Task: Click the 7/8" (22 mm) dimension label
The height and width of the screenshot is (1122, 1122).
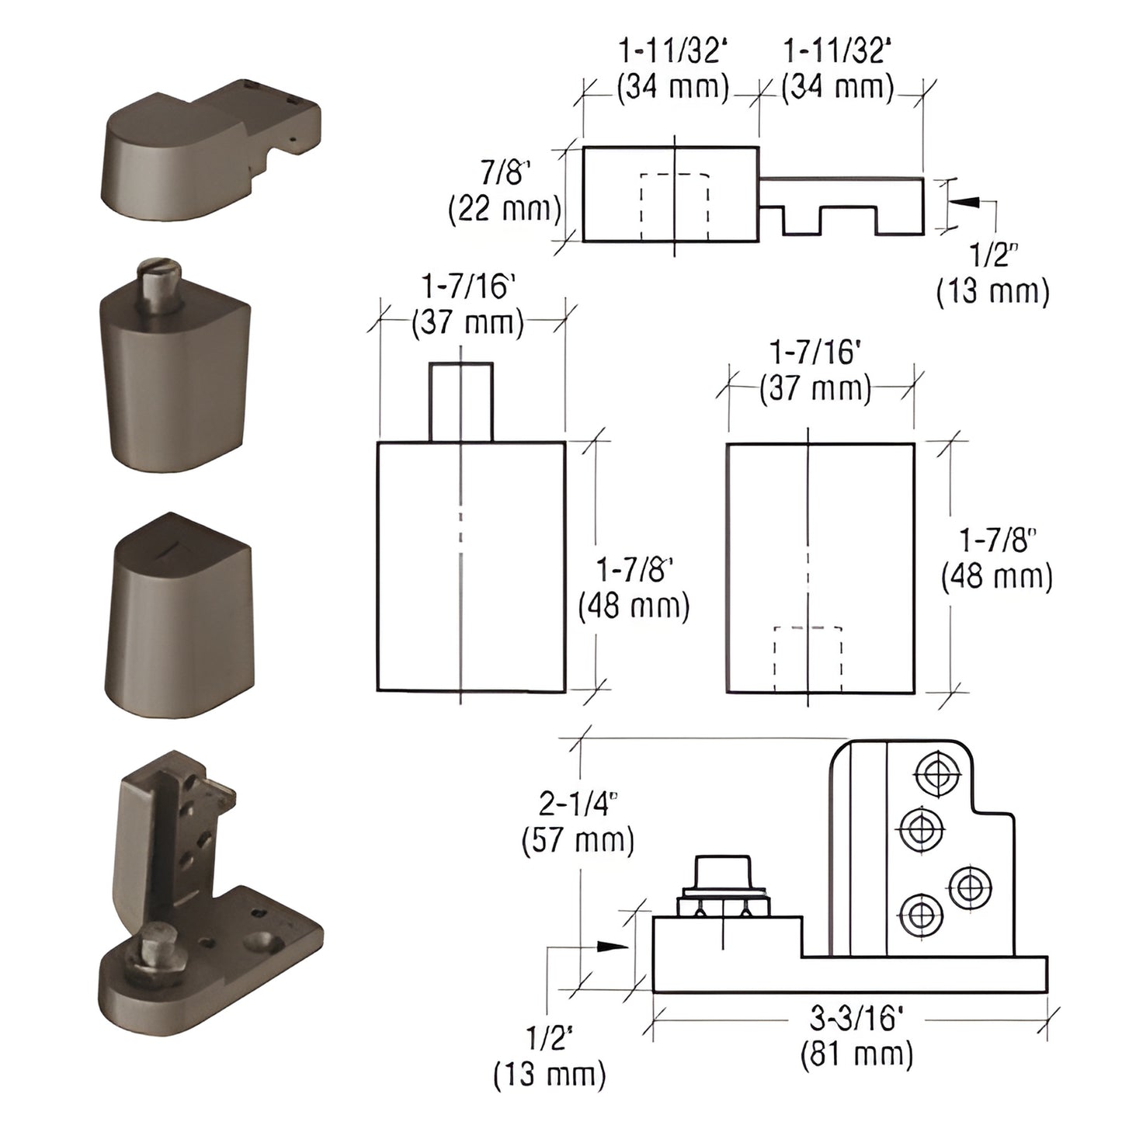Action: click(505, 191)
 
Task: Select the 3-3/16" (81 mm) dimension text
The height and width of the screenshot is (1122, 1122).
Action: click(856, 1037)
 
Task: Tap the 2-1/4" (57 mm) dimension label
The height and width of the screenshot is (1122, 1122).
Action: click(578, 822)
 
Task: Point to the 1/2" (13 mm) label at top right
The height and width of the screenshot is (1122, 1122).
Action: click(992, 274)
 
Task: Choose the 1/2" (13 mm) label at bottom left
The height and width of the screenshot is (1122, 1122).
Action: click(550, 1056)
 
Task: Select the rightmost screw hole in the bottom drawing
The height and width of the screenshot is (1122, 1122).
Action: click(970, 886)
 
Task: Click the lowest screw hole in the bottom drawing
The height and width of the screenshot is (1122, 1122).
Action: click(921, 916)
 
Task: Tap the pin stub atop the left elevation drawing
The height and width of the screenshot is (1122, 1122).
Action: click(460, 401)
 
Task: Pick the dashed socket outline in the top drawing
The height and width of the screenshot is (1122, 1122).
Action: click(674, 207)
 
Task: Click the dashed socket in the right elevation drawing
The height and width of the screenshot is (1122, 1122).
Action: click(808, 658)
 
